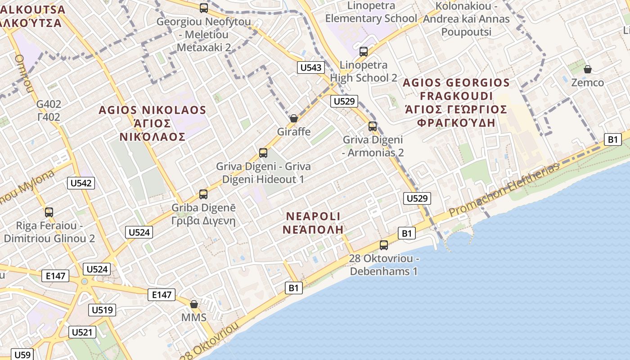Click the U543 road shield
311,67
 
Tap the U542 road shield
81,183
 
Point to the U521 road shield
82,332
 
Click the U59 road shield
22,355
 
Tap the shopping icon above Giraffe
294,118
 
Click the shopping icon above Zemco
587,69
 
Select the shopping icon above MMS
194,304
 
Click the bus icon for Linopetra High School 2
364,52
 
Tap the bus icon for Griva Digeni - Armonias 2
373,126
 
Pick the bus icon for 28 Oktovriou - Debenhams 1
384,245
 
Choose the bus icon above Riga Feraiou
49,212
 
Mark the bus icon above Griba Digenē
203,194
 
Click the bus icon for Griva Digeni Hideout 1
263,153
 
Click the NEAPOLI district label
314,216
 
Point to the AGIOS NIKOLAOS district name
152,110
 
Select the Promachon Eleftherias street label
504,189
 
